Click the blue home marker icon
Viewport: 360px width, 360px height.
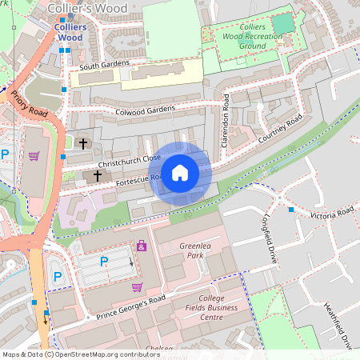[x=180, y=173]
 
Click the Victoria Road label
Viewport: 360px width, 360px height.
[x=331, y=214]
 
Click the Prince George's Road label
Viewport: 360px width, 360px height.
[x=131, y=305]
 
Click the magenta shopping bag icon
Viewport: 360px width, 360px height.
[x=142, y=246]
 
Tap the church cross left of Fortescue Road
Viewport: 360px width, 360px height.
[x=98, y=175]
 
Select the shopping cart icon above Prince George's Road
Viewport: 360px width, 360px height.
[x=137, y=286]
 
